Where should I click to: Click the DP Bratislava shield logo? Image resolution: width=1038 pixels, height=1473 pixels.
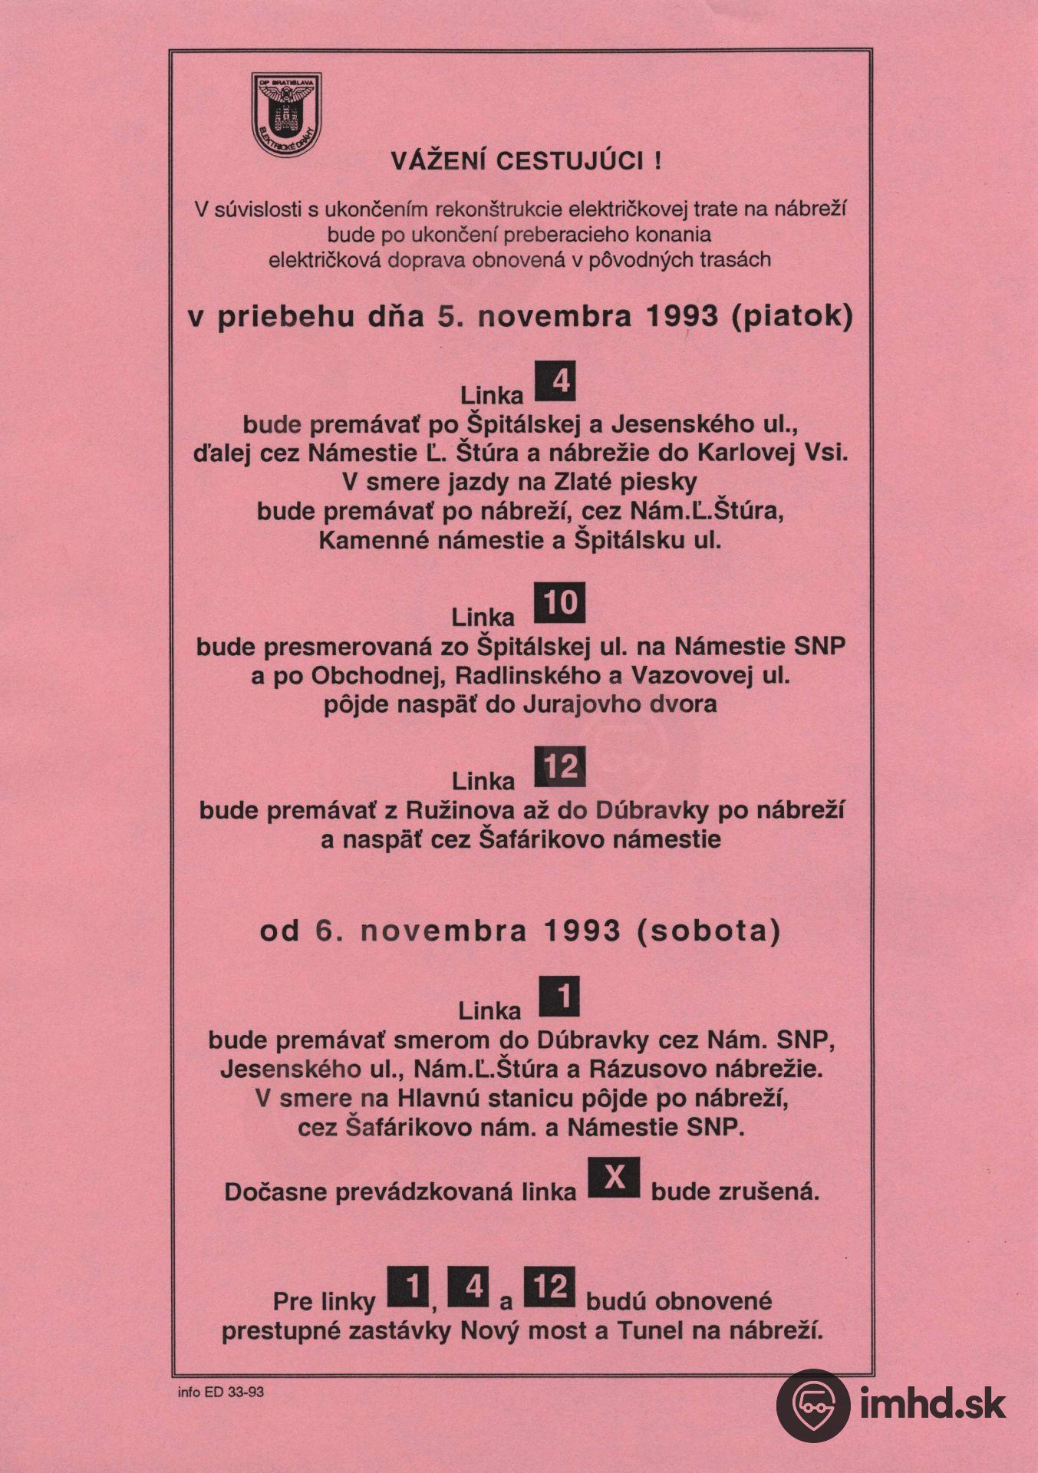pos(286,114)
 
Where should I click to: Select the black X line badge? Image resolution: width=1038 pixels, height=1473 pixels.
pos(613,1178)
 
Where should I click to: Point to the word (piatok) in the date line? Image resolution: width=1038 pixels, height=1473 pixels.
pos(793,317)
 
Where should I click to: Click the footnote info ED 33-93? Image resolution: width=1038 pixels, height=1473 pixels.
pos(220,1392)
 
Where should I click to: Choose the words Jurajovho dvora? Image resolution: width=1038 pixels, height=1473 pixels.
pos(619,704)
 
